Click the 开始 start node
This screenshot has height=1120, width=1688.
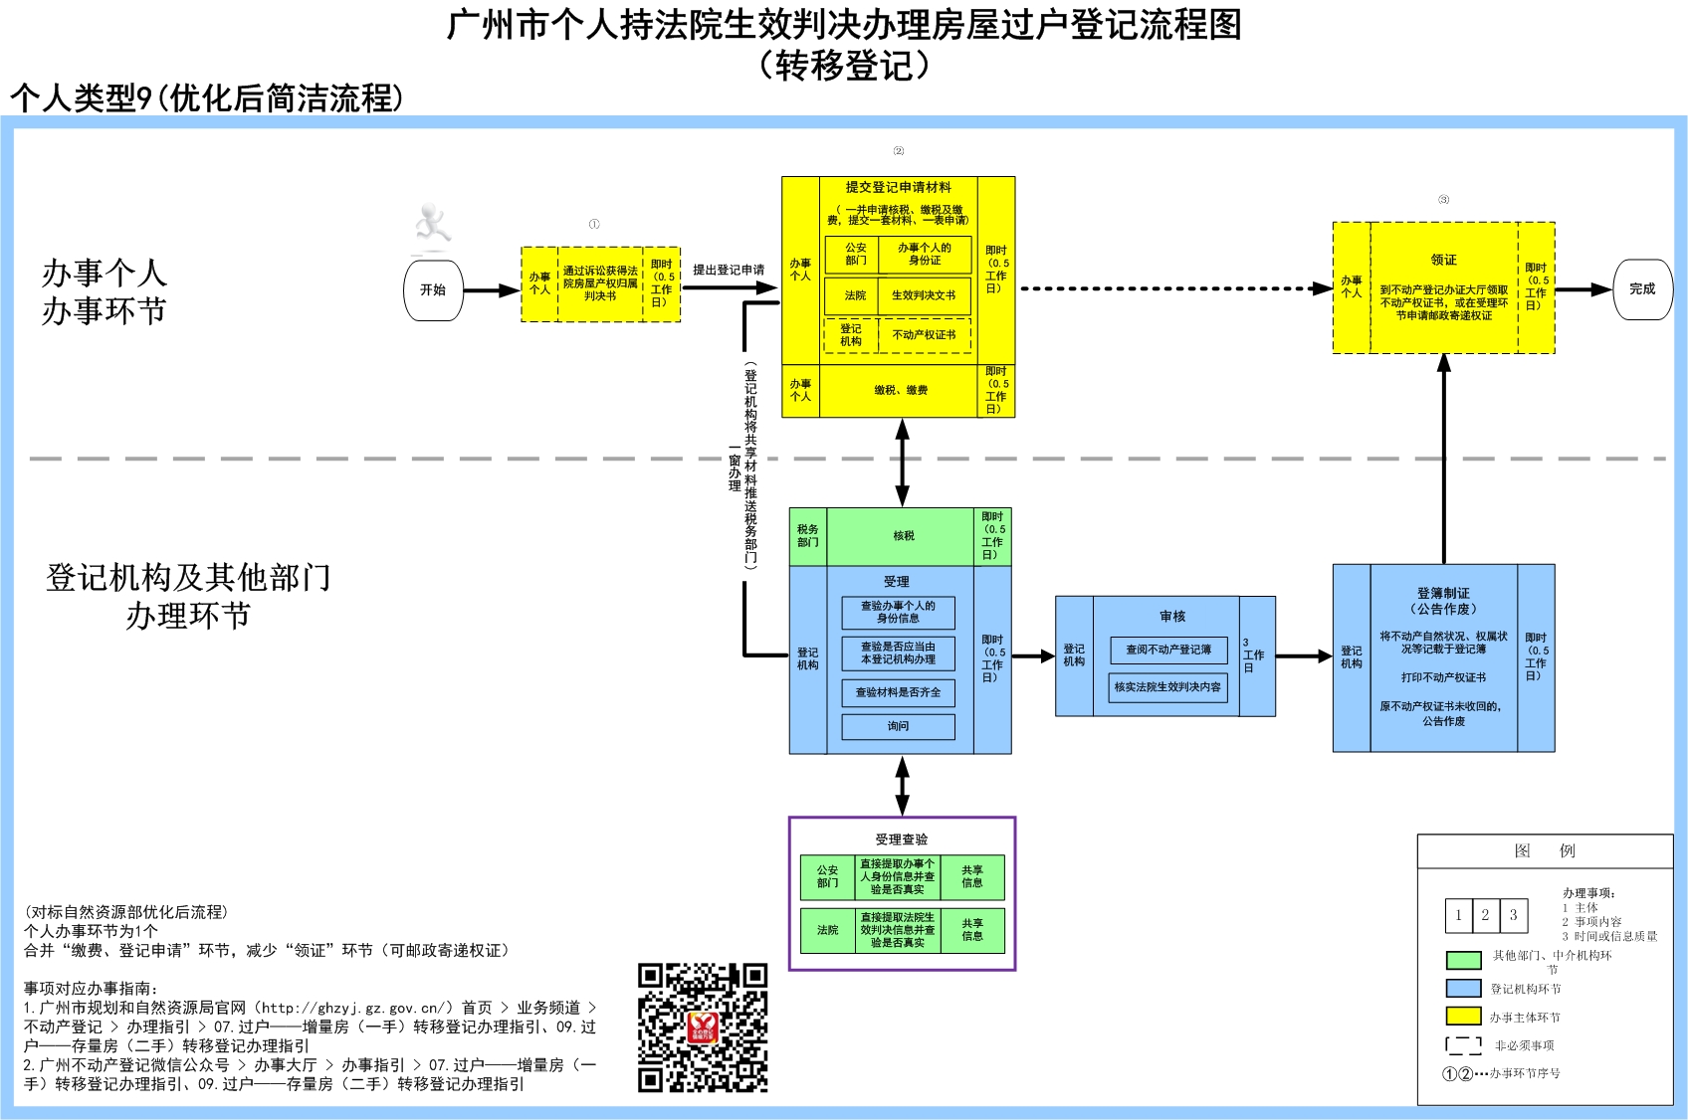[433, 290]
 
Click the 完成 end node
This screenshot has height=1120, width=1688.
[1642, 289]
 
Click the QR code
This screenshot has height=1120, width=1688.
[703, 1027]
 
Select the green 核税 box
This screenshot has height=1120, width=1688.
[903, 536]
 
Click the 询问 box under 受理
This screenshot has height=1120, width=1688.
[898, 727]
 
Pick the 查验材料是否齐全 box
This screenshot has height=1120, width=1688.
[898, 692]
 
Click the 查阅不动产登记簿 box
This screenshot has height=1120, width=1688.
[1168, 651]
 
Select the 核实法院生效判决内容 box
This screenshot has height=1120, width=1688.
[1167, 687]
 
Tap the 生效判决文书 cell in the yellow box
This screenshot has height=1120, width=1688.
[924, 295]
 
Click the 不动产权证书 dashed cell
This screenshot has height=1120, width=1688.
[924, 335]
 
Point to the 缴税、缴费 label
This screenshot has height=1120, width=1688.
[901, 391]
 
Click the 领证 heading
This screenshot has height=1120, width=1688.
[1443, 260]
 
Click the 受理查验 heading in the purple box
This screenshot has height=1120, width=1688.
[901, 840]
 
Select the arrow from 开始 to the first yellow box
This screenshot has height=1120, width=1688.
[491, 290]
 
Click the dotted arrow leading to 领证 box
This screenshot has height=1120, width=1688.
[1174, 288]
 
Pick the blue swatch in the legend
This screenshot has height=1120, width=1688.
[1463, 989]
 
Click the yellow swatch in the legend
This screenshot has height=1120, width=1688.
[1463, 1017]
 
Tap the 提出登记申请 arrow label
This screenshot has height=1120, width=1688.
[729, 271]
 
